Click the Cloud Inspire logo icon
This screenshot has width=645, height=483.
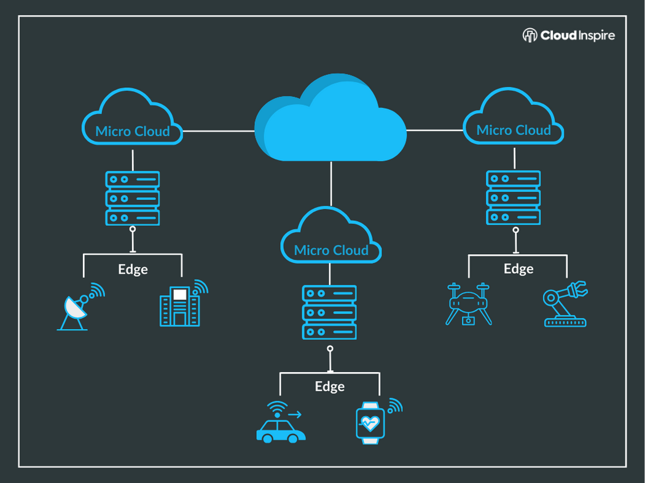coord(530,36)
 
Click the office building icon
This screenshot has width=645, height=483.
coord(180,306)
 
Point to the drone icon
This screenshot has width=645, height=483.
coord(469,303)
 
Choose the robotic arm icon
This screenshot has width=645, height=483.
coord(565,304)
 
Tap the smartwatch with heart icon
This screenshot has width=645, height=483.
coord(370,422)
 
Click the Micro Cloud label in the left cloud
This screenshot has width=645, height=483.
coord(132,131)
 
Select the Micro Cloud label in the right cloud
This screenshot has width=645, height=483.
coord(514,130)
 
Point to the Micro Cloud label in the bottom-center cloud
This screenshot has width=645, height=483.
coord(331,250)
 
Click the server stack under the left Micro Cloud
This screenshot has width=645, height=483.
coord(133,198)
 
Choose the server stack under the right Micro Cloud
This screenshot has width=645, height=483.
coord(514,198)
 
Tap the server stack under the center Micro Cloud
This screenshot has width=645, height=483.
coord(329,312)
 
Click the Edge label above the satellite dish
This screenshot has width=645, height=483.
coord(133,269)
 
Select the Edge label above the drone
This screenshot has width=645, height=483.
coord(518,269)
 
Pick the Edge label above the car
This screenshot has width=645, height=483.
coord(330,387)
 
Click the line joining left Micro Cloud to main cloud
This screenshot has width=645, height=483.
coord(219,131)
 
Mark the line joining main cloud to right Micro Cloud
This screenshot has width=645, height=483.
coord(435,130)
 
